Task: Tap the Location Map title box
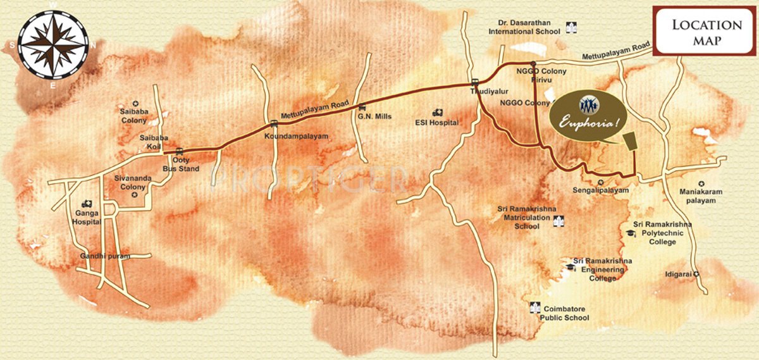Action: (706, 32)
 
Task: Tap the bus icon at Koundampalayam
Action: (273, 123)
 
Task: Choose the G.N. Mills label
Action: (374, 117)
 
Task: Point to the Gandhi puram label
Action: (104, 256)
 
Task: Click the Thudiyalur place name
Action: (485, 92)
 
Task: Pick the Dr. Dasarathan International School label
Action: (524, 27)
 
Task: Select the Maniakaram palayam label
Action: (701, 196)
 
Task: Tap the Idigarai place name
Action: (675, 274)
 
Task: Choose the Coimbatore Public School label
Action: (564, 313)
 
